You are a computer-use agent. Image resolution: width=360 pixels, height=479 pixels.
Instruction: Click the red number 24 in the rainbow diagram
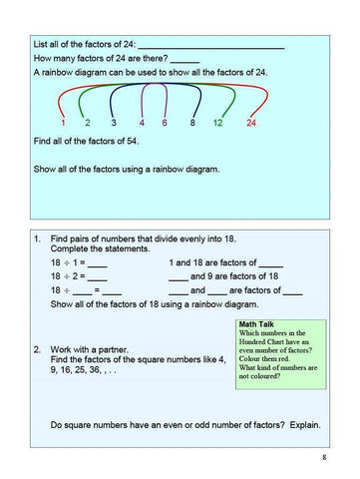tap(251, 123)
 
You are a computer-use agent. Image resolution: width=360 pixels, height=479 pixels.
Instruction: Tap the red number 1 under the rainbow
tap(63, 123)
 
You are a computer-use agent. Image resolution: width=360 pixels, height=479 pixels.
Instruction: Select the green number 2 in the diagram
tap(88, 123)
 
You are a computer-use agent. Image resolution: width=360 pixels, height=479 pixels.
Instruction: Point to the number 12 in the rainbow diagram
tap(217, 123)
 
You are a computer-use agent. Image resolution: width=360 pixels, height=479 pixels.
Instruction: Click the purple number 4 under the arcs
tap(142, 123)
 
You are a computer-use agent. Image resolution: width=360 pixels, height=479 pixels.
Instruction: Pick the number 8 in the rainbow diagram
tap(190, 123)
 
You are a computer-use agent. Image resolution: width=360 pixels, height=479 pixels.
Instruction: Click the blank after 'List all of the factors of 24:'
tap(210, 46)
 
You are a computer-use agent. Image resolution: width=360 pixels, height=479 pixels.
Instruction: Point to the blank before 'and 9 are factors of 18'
tap(179, 276)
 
